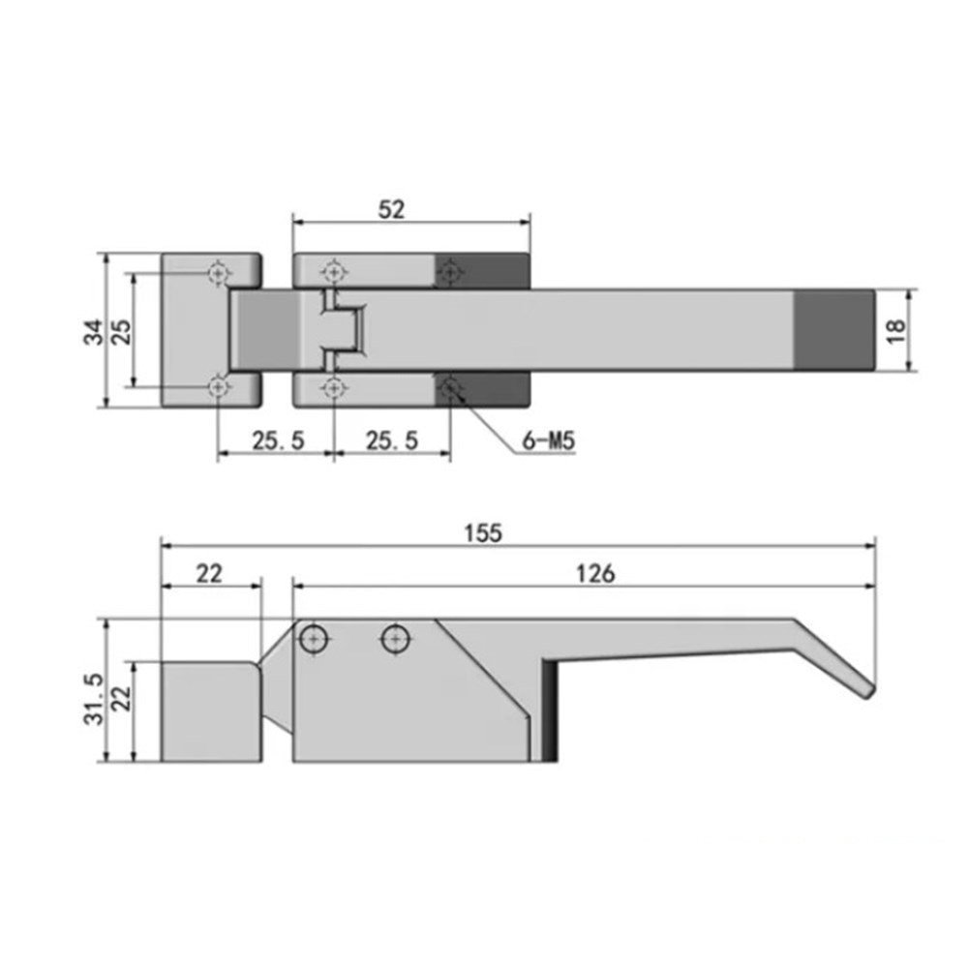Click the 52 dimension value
(391, 210)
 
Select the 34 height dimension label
(94, 331)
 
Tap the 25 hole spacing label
(122, 331)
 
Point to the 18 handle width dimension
(895, 331)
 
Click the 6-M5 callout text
(548, 440)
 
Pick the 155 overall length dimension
(483, 532)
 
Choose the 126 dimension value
(595, 574)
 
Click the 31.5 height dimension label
(94, 699)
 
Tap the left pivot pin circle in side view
(314, 639)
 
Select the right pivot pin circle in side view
(396, 639)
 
